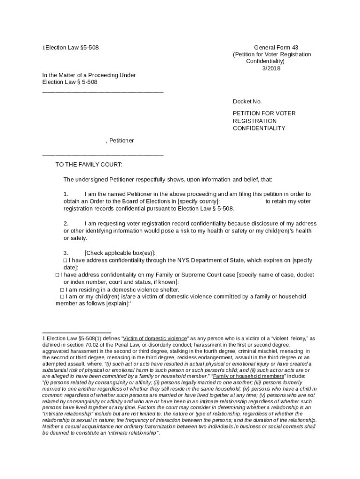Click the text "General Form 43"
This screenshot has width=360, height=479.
(276, 47)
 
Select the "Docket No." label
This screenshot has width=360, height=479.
(247, 102)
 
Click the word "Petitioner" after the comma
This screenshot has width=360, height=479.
(122, 140)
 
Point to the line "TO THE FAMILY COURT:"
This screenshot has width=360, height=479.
(89, 165)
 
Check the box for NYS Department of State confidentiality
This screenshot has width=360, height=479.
(65, 261)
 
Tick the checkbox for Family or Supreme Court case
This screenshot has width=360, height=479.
(58, 275)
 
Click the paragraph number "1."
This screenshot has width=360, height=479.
(66, 194)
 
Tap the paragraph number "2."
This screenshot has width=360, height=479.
(66, 223)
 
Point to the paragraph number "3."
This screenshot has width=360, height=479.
(66, 253)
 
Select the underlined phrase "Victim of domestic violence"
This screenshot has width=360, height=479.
(155, 338)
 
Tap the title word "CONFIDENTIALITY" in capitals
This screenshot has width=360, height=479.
(259, 128)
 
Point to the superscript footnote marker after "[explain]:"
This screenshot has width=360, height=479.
(130, 302)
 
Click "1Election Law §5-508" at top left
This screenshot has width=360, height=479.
(71, 47)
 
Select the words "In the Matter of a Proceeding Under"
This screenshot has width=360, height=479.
(89, 75)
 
